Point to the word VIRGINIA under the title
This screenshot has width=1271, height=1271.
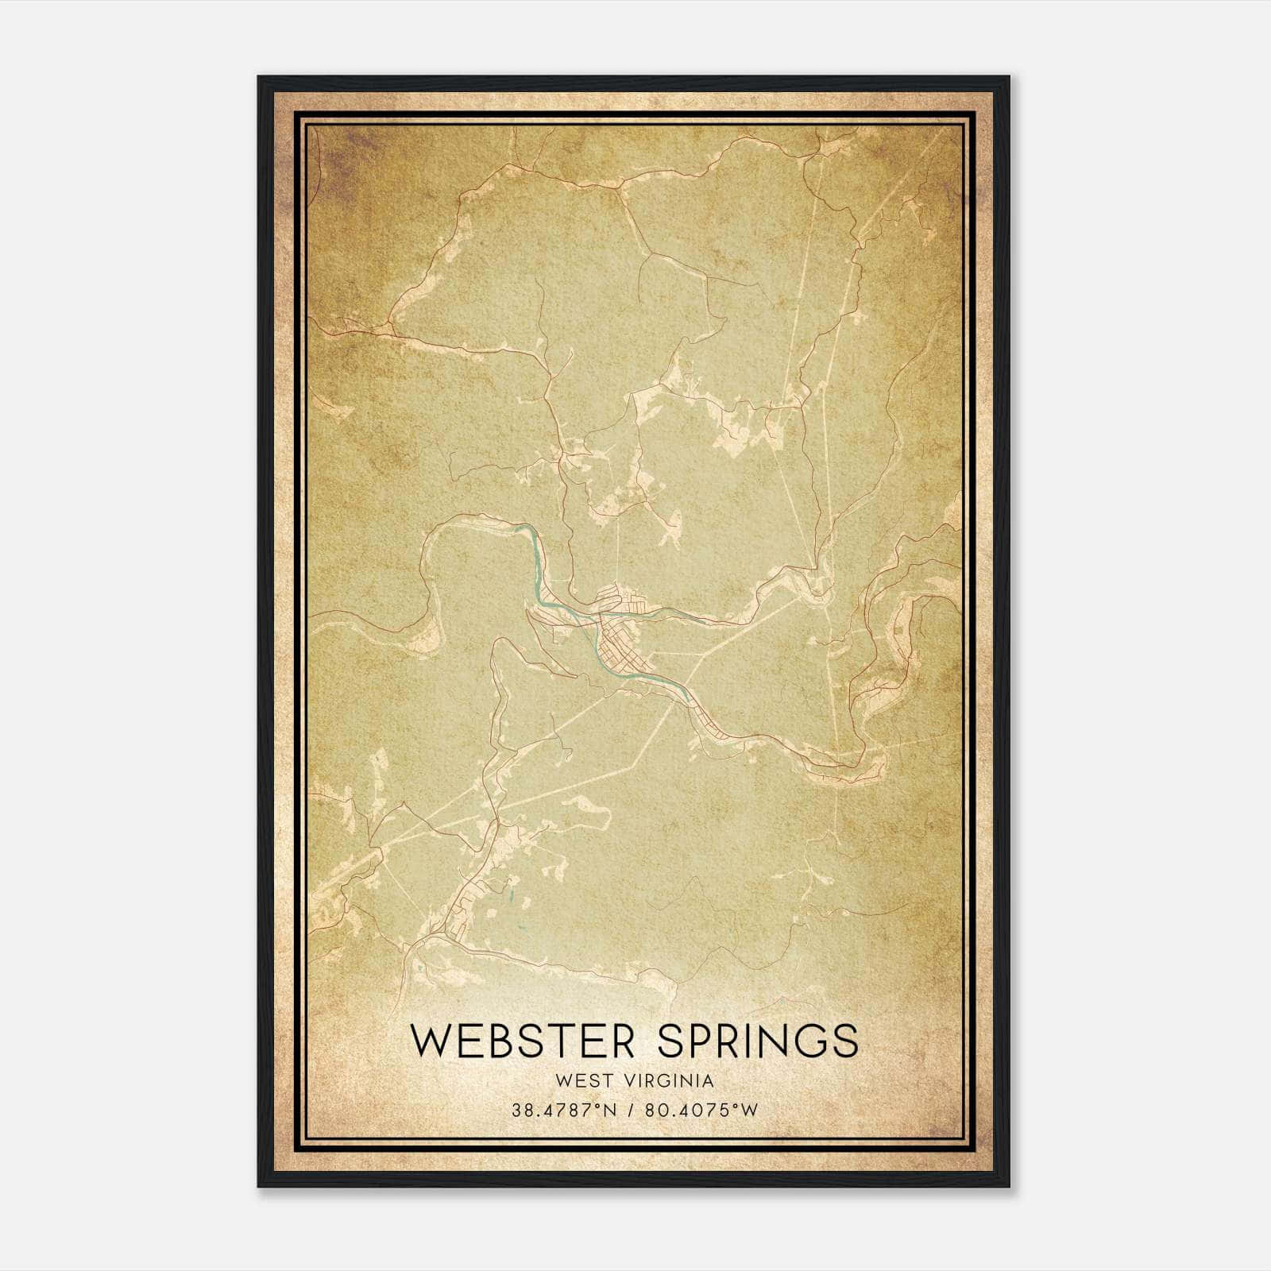pyautogui.click(x=670, y=1081)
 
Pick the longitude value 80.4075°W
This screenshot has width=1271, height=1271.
pyautogui.click(x=702, y=1110)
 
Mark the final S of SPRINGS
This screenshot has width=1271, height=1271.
pyautogui.click(x=845, y=1041)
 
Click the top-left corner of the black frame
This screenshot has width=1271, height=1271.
pyautogui.click(x=259, y=77)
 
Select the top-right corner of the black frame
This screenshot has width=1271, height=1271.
pyautogui.click(x=1009, y=77)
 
